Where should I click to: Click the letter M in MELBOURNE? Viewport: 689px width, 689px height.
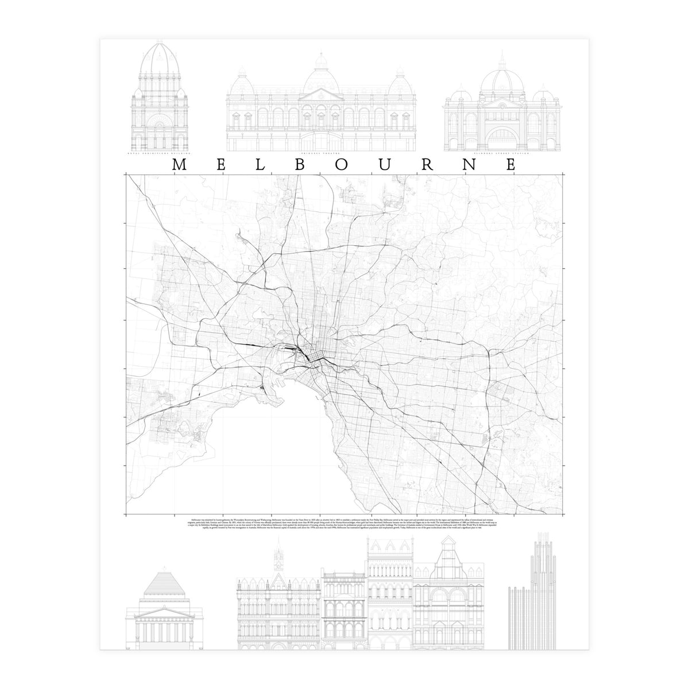[179, 165]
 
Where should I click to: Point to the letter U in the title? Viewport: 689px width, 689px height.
[385, 165]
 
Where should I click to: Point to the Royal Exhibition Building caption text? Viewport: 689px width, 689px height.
[158, 154]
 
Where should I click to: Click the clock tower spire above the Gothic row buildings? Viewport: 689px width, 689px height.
[279, 555]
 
